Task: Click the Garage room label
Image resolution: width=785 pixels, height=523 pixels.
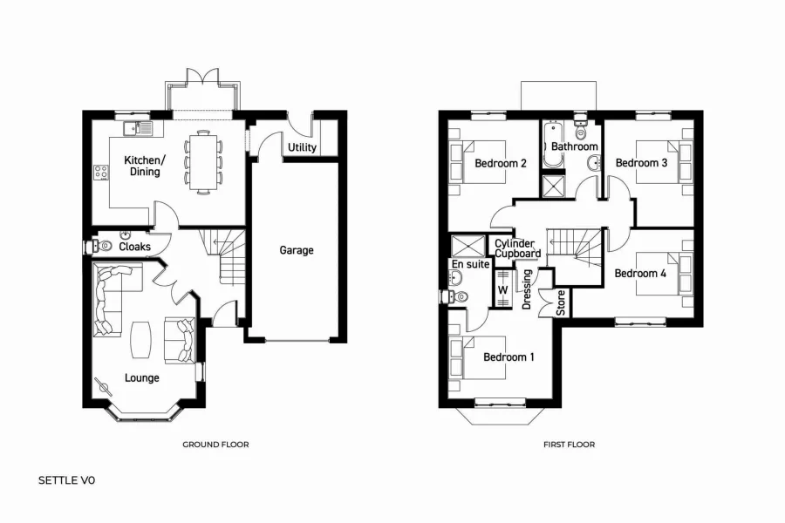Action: (297, 250)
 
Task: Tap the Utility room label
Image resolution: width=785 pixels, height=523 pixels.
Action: (302, 148)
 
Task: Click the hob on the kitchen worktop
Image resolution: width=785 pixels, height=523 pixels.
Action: (100, 173)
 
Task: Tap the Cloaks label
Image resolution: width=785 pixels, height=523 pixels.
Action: (134, 247)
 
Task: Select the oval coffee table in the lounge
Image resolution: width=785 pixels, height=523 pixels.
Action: (141, 340)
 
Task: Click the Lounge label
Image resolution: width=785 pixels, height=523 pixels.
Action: (141, 377)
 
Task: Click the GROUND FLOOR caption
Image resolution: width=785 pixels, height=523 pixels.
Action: (215, 445)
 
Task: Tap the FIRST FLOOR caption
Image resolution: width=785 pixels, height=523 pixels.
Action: (569, 445)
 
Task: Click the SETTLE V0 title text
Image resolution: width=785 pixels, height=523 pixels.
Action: (67, 480)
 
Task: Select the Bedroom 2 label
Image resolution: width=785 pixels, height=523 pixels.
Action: (500, 163)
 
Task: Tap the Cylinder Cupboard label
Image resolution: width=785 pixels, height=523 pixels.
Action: (517, 248)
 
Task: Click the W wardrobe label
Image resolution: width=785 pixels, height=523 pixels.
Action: (502, 289)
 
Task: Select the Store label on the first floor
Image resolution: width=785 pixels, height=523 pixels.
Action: (561, 302)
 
